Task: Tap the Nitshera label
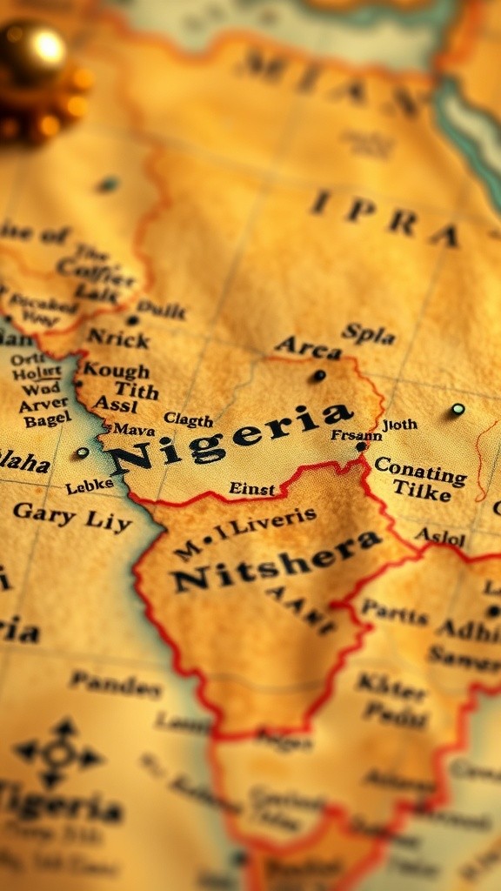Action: (x=276, y=561)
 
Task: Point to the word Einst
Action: (x=251, y=488)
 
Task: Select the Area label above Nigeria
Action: (x=308, y=348)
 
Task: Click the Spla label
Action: (x=369, y=332)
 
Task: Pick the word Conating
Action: (x=420, y=475)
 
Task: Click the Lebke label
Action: (x=90, y=486)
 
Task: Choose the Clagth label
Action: (x=189, y=420)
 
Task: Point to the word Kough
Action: (x=116, y=371)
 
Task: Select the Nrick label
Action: (x=117, y=338)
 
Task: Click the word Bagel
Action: (x=48, y=420)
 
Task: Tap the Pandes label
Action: (x=117, y=685)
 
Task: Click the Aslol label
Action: (x=440, y=536)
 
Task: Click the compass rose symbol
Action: (x=57, y=754)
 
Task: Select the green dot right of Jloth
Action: (x=458, y=409)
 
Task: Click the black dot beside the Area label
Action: (x=319, y=376)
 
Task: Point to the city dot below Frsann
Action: (x=361, y=446)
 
